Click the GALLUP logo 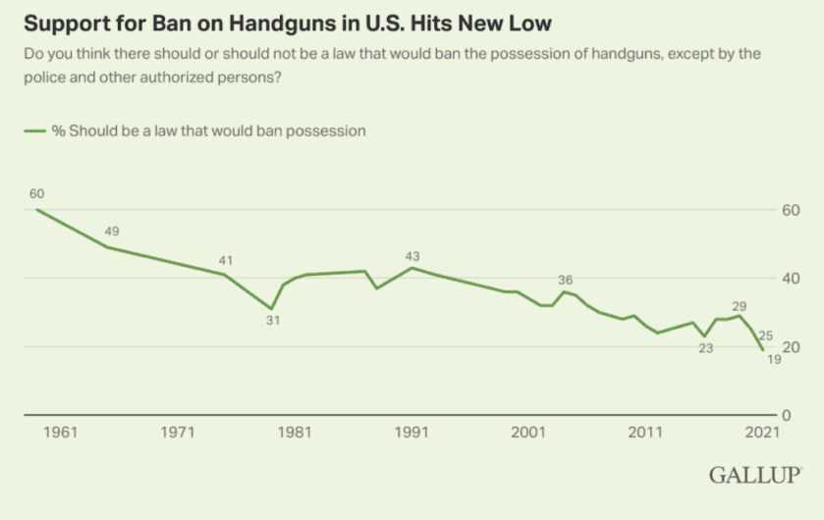[x=754, y=475]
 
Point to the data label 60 [x=37, y=192]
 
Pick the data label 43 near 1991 [x=412, y=256]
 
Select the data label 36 [x=565, y=280]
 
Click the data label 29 [x=739, y=306]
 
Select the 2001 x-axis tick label [x=528, y=432]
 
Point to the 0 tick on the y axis [x=793, y=415]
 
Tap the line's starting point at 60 [x=37, y=210]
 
